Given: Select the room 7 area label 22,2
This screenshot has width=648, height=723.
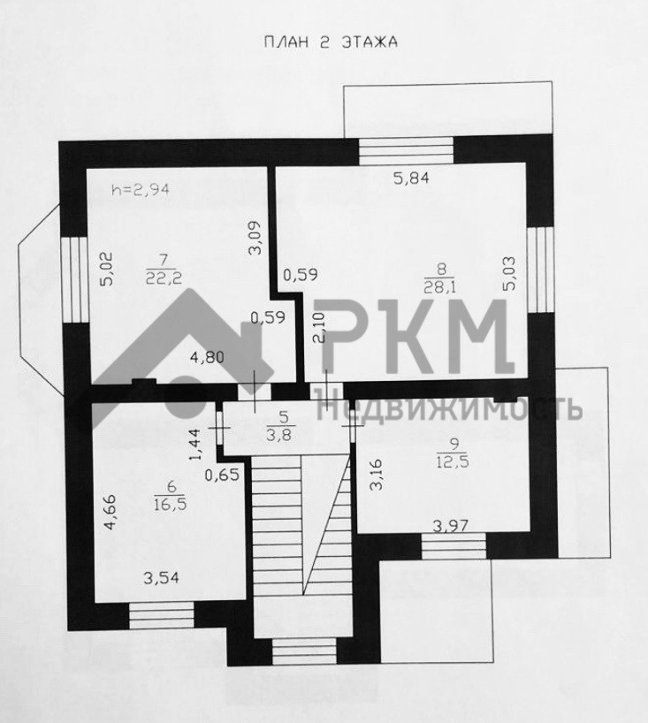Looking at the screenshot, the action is click(161, 276).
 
